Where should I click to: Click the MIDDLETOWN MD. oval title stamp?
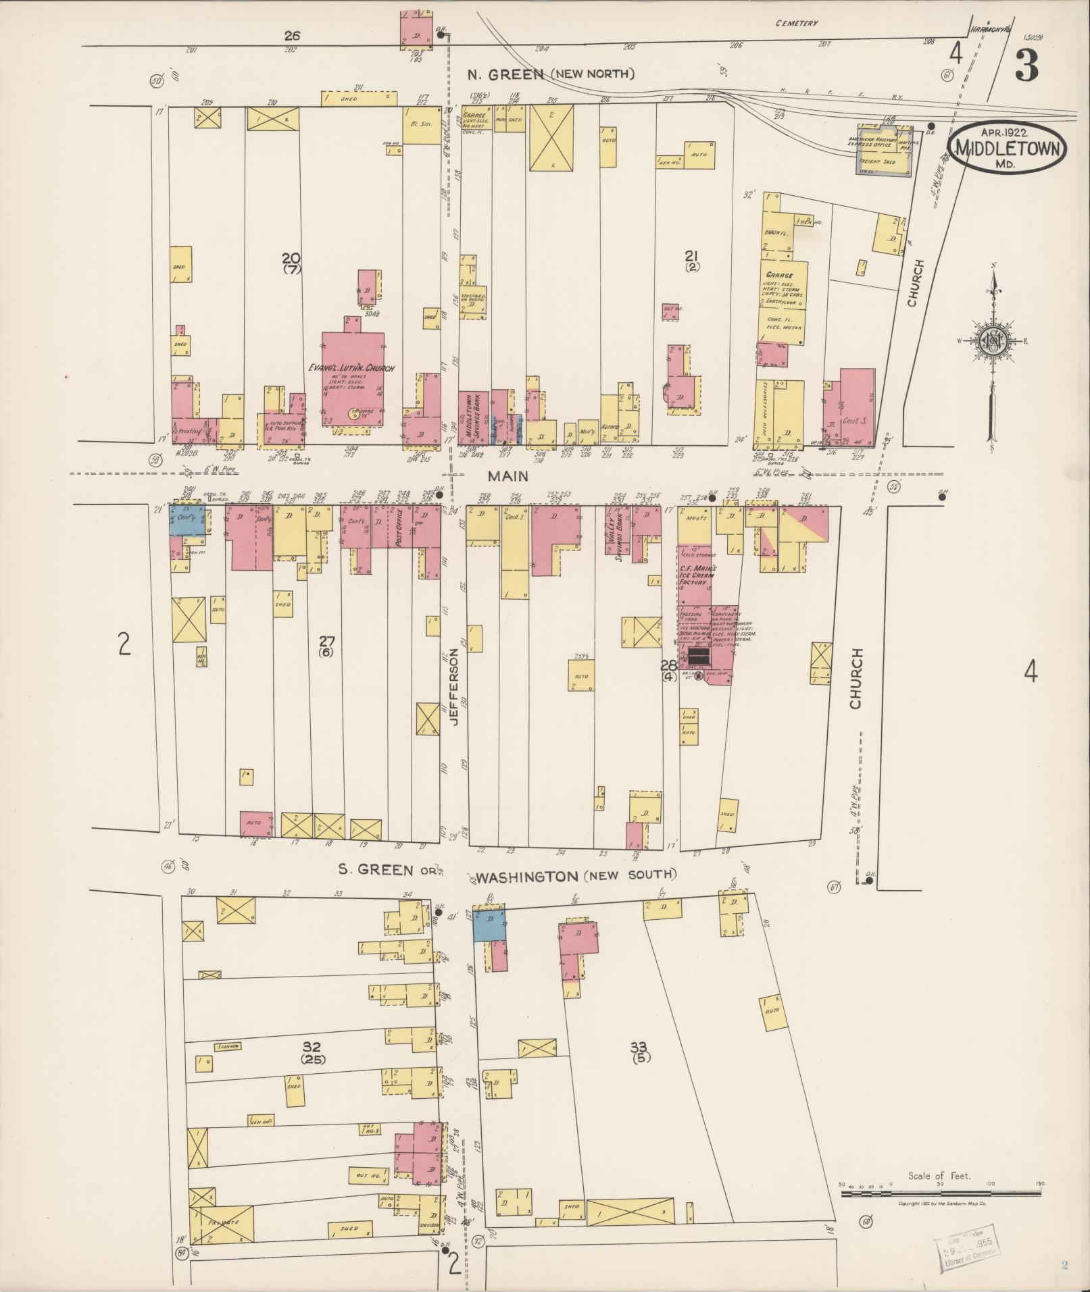tap(1008, 148)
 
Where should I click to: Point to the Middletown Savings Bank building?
tap(473, 417)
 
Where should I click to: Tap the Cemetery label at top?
tap(797, 23)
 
